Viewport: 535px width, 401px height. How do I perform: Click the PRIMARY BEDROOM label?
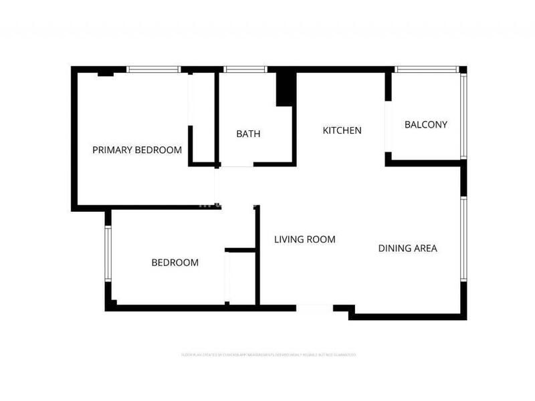coord(137,150)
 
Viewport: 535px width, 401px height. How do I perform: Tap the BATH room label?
coord(248,134)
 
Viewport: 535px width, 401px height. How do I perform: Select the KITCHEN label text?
coord(342,130)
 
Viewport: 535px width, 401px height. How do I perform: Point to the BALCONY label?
coord(426,124)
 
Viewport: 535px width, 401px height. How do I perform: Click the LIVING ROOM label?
coord(305,239)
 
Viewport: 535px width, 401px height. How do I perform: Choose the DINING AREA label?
coord(407,248)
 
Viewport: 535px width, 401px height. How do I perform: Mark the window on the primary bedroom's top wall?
coord(154,69)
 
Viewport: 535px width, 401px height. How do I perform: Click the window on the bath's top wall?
coord(245,69)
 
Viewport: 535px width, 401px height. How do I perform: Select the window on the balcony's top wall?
coord(426,69)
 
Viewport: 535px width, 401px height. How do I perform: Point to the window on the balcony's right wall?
coord(463,116)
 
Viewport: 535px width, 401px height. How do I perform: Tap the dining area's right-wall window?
coord(463,238)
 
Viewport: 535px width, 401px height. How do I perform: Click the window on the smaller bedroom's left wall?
coord(107,255)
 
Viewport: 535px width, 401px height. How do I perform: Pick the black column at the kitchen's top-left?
coord(286,88)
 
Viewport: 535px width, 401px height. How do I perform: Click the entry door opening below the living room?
coord(314,308)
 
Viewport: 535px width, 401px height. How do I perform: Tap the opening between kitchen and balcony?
coord(388,127)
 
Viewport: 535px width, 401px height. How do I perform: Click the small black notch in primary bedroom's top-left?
coord(105,73)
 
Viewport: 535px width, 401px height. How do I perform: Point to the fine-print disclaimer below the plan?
coord(268,354)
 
